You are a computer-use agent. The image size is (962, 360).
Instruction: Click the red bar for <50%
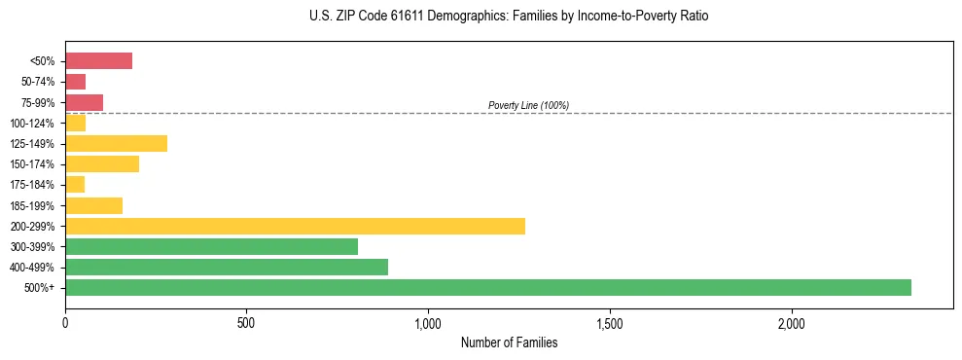pos(98,61)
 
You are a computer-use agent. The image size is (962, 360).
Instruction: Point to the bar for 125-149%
pos(116,144)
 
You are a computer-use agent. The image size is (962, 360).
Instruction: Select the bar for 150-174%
pos(102,164)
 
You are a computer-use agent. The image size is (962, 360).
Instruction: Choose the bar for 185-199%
pos(93,205)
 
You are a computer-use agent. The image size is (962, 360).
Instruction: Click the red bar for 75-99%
pos(84,102)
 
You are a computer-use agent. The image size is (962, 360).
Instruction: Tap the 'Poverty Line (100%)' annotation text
pos(528,105)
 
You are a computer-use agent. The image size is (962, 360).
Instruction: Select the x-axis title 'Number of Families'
pos(509,342)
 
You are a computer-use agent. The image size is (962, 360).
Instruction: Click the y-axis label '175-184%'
pos(32,185)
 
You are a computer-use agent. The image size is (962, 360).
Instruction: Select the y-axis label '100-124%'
pos(32,124)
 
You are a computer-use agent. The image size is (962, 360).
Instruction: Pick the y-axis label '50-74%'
pos(37,82)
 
